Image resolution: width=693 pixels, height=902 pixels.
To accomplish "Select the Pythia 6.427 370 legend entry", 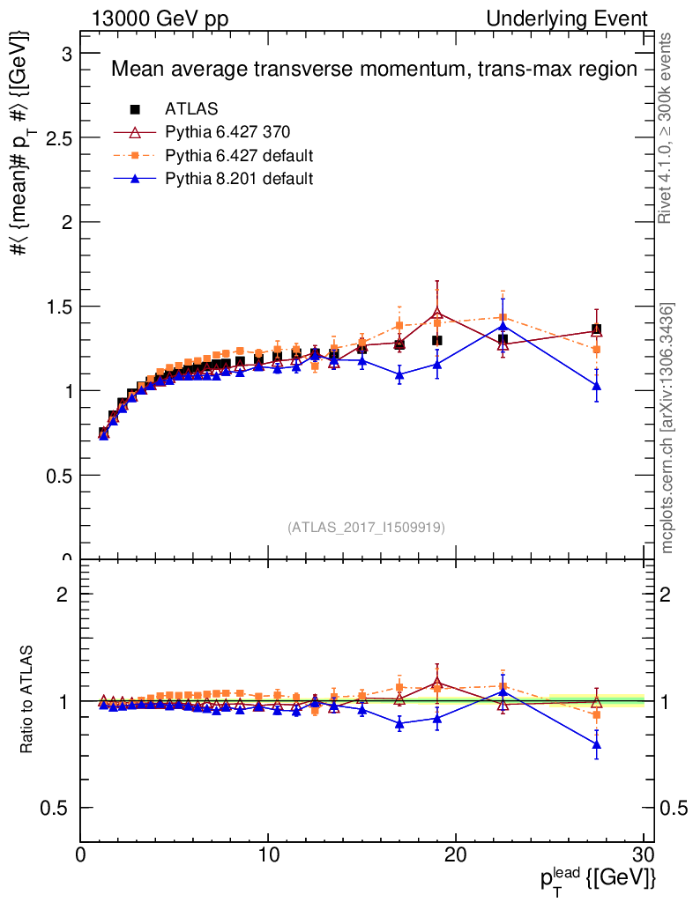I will pos(227,133).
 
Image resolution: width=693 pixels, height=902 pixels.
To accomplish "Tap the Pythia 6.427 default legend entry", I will pos(239,156).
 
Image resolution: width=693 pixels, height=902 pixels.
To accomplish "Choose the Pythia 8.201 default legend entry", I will pos(239,179).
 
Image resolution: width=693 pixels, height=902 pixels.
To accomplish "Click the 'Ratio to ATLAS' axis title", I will pos(27,700).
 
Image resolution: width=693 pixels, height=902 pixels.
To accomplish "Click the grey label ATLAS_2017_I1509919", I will pos(366,528).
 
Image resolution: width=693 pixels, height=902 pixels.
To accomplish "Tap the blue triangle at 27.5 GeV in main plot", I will pos(597,385).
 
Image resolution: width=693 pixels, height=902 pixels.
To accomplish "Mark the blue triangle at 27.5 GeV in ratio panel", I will pos(597,744).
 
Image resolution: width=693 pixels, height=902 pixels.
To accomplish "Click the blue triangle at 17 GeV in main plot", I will pos(400,374).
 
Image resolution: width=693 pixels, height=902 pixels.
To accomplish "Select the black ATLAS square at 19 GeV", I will pos(437,340).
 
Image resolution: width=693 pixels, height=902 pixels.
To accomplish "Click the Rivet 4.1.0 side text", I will pos(667,128).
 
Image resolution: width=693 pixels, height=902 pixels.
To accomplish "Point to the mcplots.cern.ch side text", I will pos(667,427).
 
